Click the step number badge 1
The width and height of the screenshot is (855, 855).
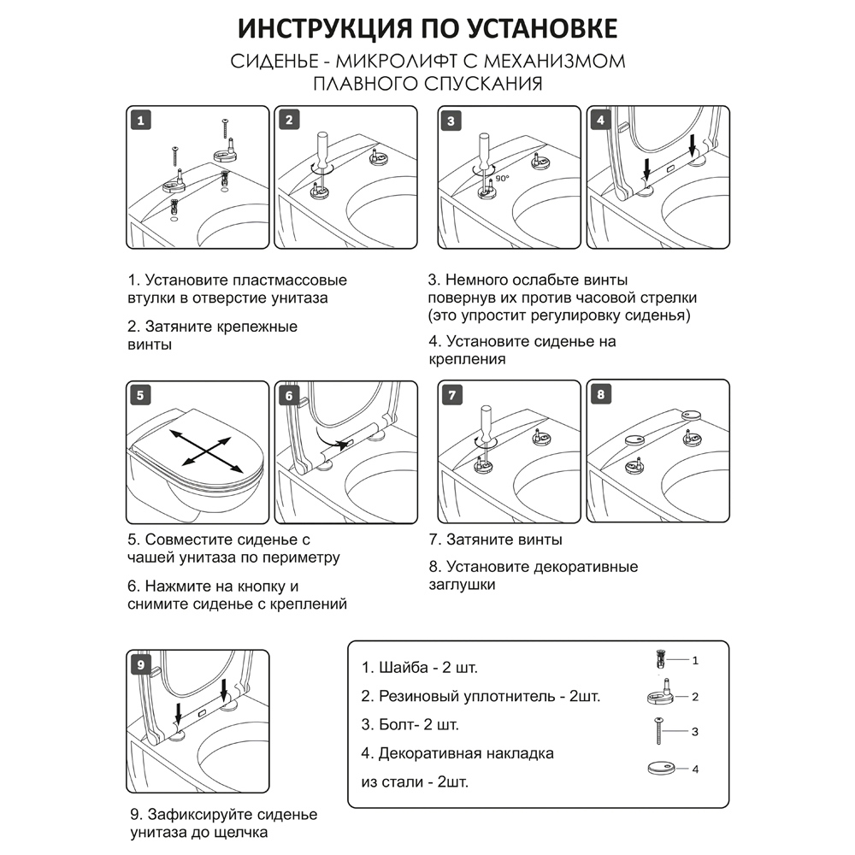[140, 119]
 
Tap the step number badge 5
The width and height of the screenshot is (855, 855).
[140, 395]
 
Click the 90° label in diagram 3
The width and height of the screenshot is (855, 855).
[504, 180]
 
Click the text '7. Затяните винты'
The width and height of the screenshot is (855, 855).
[495, 540]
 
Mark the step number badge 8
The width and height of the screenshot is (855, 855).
[601, 395]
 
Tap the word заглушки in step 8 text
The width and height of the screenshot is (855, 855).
[462, 586]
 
